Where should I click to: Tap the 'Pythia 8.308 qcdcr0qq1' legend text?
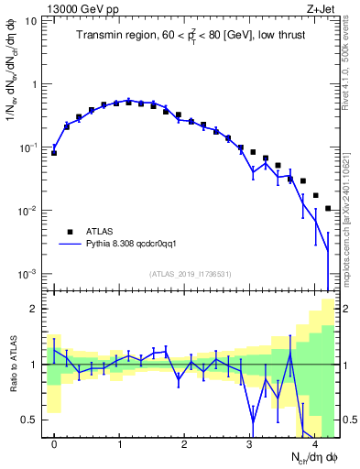click(136, 245)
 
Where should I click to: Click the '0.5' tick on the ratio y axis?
click(29, 420)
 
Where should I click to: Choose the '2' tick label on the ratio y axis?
click(34, 309)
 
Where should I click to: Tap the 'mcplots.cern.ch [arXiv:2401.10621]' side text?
click(352, 211)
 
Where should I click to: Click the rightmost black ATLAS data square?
click(328, 209)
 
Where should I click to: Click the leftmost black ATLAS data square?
click(54, 153)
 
